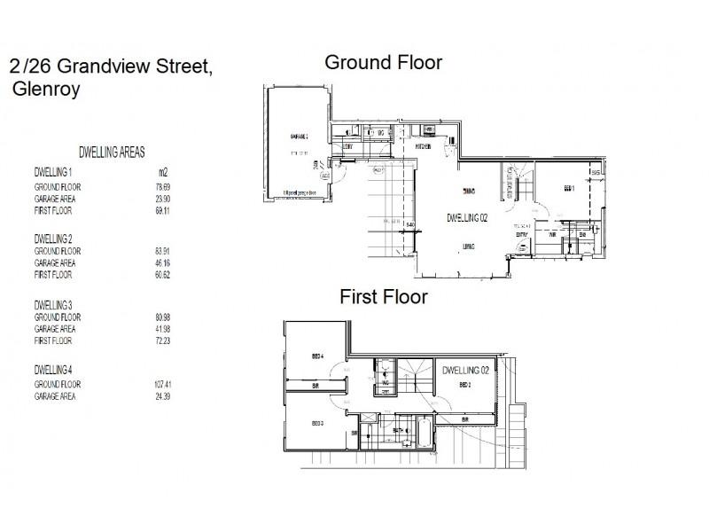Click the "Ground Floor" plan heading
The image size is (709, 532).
click(383, 63)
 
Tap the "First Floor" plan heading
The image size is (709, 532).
click(384, 297)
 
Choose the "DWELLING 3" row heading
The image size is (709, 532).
click(52, 305)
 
